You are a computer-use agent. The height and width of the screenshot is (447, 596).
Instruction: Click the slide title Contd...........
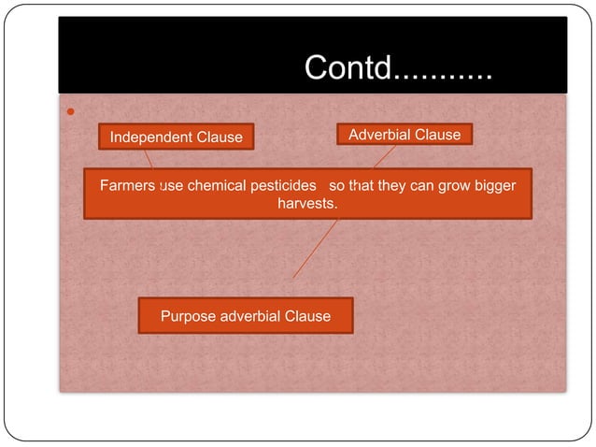coord(398,68)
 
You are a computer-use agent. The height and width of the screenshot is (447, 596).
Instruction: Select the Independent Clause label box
coord(176,137)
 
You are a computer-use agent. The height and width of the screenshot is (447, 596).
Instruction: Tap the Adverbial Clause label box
coord(404,135)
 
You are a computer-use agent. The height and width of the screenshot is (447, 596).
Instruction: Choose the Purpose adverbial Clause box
coord(246,316)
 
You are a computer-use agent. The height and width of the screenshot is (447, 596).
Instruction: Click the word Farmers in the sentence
coord(127,185)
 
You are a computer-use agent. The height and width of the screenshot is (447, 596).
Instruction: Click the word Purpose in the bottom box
coord(189,316)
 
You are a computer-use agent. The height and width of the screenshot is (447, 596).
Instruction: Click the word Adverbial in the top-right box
coord(380,135)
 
